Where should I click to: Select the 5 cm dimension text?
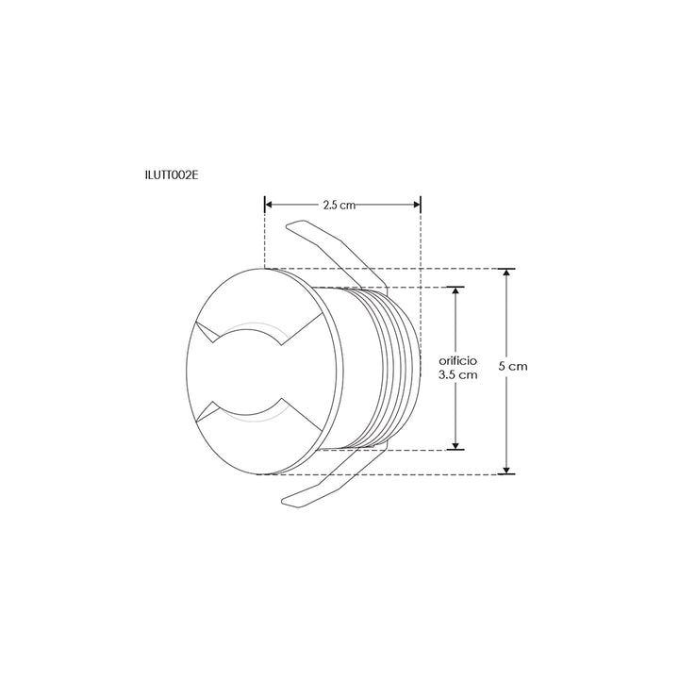click(x=512, y=365)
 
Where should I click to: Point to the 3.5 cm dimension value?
click(x=458, y=374)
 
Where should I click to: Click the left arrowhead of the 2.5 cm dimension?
click(x=269, y=203)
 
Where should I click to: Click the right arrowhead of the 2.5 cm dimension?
click(x=416, y=203)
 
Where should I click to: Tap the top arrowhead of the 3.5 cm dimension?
click(x=457, y=291)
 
